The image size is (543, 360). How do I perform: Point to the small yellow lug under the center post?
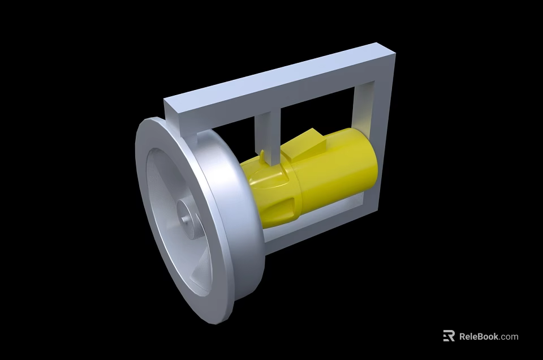[x=264, y=156]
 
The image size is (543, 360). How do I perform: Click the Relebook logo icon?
[x=449, y=336]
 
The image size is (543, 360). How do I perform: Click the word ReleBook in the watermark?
[x=479, y=336]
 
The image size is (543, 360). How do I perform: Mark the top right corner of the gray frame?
[x=390, y=55]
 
